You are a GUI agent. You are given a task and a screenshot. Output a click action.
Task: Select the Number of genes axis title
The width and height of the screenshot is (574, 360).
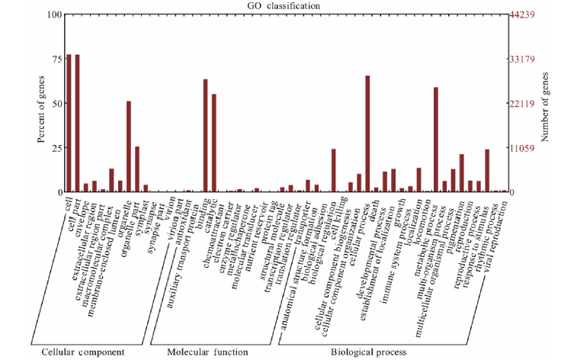pyautogui.click(x=546, y=104)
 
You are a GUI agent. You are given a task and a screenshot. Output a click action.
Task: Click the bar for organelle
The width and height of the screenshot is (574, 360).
pyautogui.click(x=129, y=146)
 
